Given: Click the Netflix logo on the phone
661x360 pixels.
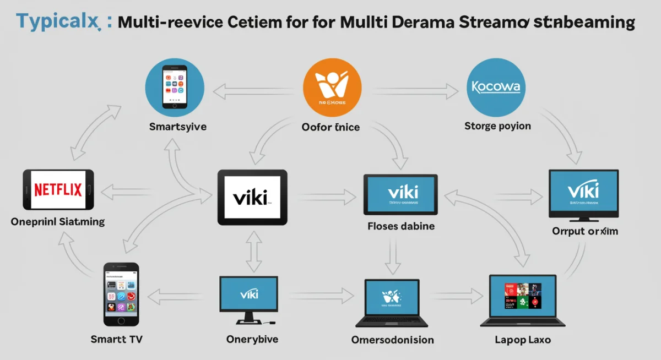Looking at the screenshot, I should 58,190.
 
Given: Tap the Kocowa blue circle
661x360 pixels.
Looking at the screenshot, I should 496,87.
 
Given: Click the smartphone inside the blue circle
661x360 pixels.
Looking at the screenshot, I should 174,87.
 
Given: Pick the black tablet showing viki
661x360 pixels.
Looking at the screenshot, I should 252,197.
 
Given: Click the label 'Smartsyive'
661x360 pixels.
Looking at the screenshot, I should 178,127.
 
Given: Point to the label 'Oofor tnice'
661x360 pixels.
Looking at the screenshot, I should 330,127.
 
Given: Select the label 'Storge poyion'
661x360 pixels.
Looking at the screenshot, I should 497,126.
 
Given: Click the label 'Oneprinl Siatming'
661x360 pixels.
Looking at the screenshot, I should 58,222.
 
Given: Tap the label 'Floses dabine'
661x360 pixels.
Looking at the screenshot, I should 401,226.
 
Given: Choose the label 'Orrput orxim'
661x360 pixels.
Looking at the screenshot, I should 585,231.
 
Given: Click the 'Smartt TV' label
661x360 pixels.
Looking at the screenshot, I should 117,339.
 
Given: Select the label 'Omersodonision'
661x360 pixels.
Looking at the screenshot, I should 392,340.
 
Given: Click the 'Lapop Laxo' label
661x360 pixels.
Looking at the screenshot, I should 523,340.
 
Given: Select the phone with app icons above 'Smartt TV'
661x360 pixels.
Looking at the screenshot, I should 121,294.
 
